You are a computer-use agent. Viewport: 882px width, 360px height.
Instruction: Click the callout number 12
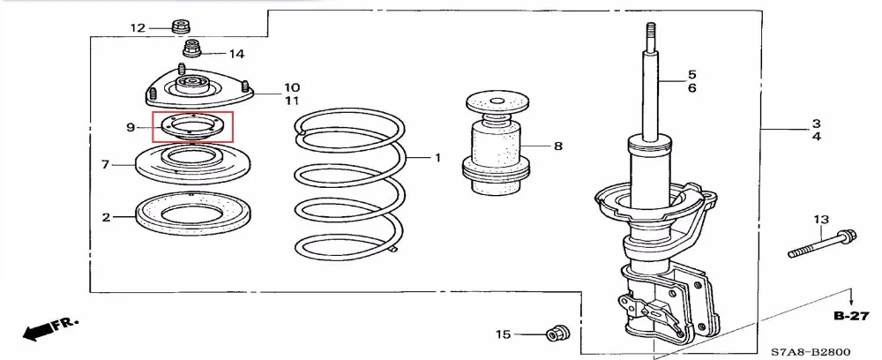138,27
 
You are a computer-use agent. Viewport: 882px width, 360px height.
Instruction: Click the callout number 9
131,128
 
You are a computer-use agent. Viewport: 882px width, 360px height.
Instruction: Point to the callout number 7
105,164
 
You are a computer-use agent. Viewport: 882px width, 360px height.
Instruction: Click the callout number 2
107,216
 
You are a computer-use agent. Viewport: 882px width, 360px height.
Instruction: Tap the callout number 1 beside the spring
437,158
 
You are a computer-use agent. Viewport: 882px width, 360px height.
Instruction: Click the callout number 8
557,146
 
